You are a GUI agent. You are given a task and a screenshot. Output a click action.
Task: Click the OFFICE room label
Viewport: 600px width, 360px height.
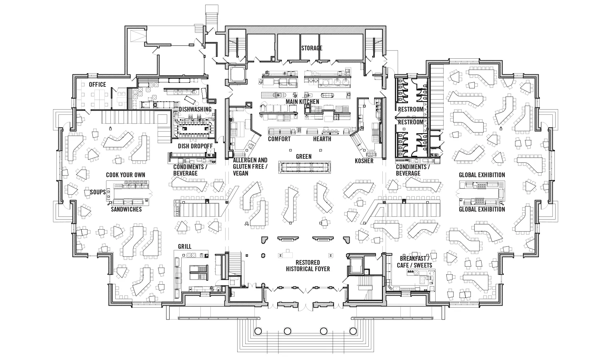tap(97, 84)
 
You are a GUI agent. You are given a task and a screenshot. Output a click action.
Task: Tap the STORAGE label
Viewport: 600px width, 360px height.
tap(312, 48)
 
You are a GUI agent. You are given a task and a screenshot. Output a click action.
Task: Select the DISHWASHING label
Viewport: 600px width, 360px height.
tap(195, 109)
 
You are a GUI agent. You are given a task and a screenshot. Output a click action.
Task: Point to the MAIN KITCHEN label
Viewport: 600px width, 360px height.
tap(302, 102)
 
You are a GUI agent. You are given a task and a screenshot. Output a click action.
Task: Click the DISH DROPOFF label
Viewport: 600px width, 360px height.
tap(195, 146)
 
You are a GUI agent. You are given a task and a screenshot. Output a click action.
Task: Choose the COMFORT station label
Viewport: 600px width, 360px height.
tap(279, 139)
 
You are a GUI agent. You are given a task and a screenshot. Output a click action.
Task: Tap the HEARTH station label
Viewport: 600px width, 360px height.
tap(322, 139)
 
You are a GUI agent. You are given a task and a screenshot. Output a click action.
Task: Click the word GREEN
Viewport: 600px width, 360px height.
tap(304, 156)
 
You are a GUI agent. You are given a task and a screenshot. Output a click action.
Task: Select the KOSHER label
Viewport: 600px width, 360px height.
tap(364, 161)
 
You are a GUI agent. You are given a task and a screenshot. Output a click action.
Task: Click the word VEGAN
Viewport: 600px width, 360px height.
tap(241, 173)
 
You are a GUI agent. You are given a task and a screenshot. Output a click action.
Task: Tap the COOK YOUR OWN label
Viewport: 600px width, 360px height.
tap(126, 175)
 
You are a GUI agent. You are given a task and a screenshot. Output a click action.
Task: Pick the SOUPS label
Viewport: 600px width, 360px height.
tap(98, 192)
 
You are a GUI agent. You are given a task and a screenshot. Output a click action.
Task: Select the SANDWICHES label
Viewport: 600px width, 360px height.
tap(126, 209)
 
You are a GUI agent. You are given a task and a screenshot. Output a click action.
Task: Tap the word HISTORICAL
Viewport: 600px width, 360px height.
tap(299, 269)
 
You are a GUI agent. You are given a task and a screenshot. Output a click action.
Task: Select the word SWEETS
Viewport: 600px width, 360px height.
tap(423, 265)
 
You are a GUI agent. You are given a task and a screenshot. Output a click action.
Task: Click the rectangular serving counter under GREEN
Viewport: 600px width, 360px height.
tap(305, 167)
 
